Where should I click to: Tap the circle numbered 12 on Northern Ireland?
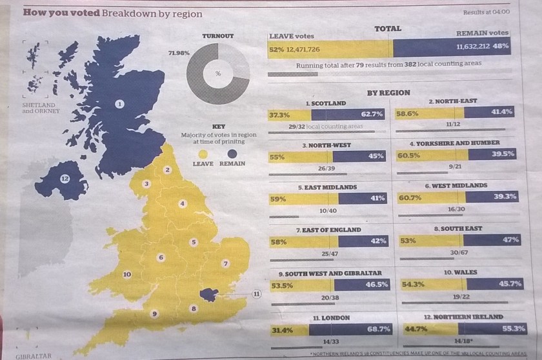click(x=65, y=177)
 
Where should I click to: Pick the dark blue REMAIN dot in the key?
click(x=231, y=154)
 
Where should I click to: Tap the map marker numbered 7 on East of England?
click(x=225, y=264)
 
